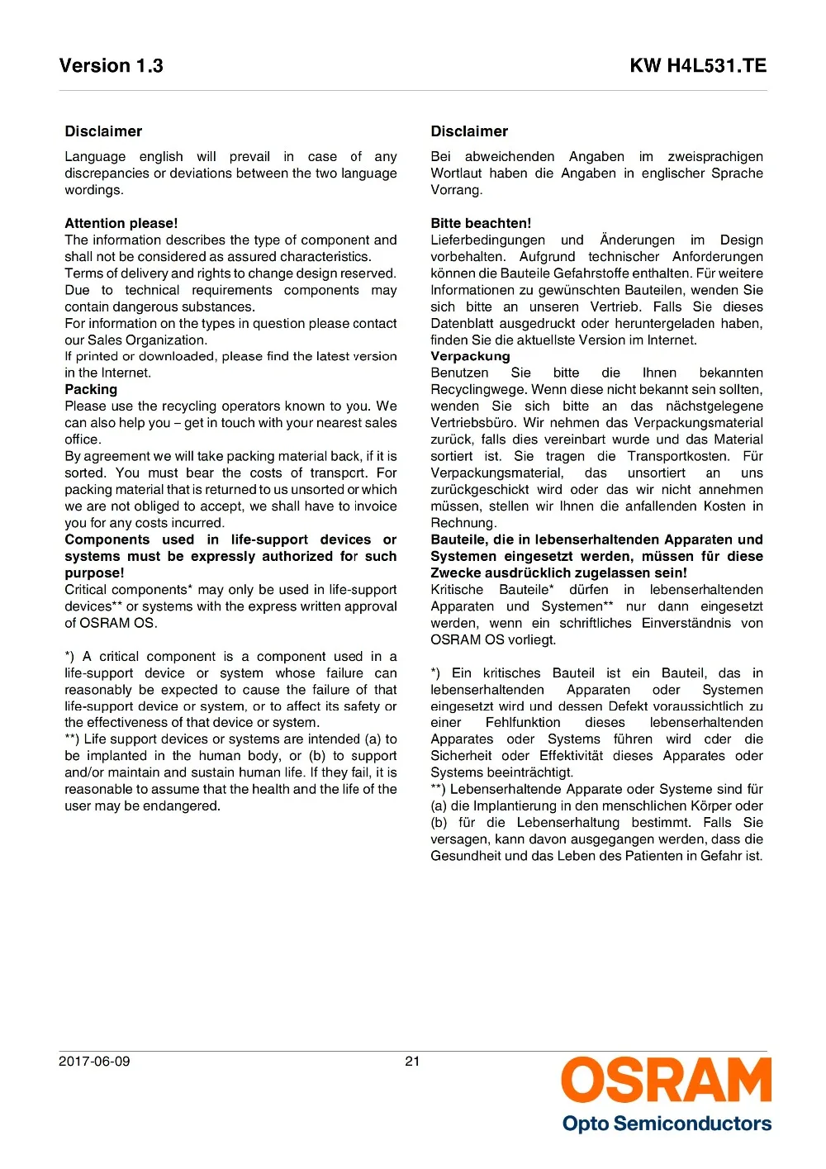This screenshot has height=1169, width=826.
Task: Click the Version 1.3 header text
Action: (111, 66)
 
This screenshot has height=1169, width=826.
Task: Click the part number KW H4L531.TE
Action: (698, 66)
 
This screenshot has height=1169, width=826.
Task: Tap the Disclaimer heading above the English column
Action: (103, 131)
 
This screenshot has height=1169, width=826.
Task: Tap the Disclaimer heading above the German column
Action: (469, 131)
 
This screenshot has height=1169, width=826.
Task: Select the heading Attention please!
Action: (121, 223)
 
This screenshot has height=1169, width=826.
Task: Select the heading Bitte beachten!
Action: (481, 223)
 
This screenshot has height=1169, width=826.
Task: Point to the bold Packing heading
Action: (91, 389)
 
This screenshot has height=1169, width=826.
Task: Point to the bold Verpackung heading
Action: (470, 356)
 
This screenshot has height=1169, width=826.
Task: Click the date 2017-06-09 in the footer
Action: (94, 1061)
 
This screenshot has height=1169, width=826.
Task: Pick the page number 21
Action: (412, 1061)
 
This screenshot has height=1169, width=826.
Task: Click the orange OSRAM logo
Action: (667, 1080)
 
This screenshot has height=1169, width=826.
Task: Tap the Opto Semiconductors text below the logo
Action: (667, 1124)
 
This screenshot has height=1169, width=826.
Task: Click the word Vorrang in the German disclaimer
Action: (454, 190)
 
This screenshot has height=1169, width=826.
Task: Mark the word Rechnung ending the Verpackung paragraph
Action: (461, 523)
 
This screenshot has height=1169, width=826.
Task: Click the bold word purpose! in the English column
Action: (94, 573)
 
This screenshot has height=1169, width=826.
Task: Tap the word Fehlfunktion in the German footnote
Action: (523, 722)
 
